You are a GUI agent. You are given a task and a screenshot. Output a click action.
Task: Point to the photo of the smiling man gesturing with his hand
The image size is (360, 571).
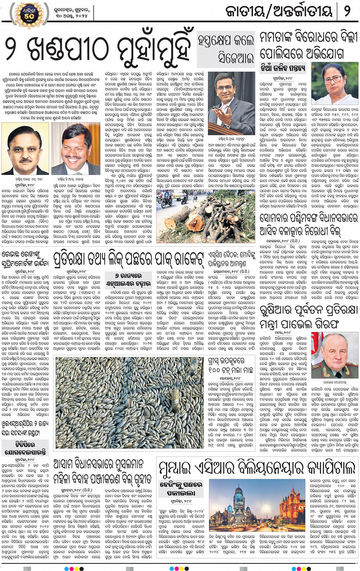(229, 103)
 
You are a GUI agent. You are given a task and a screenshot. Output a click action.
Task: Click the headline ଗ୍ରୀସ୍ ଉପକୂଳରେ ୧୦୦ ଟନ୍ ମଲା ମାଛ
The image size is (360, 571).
(232, 365)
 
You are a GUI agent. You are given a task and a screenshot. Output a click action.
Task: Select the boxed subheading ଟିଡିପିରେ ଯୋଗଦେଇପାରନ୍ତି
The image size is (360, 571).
(25, 448)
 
